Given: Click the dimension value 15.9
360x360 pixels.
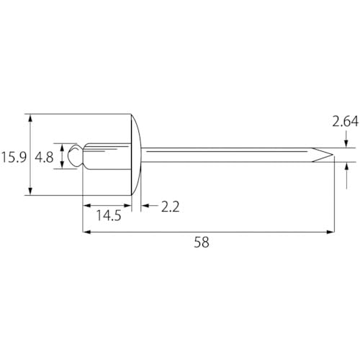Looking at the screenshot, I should coord(14,157).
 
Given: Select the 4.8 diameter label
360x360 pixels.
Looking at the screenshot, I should coord(44,157).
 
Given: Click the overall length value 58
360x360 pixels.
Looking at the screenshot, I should coord(202,243).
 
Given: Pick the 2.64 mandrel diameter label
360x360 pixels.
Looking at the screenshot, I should coord(345,123).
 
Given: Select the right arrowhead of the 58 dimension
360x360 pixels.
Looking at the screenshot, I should coord(331,232).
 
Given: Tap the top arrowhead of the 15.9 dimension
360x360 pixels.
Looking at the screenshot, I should coord(30,117).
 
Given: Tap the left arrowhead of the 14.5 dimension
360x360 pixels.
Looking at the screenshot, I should coord(87,207).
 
